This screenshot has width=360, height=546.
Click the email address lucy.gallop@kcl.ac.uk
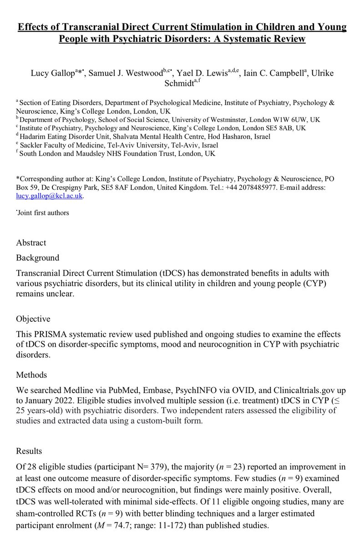click(x=50, y=197)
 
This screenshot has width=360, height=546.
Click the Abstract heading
click(x=31, y=243)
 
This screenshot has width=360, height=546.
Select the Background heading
click(x=38, y=258)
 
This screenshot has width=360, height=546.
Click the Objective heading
click(x=33, y=318)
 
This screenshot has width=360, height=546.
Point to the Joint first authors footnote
click(x=40, y=212)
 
